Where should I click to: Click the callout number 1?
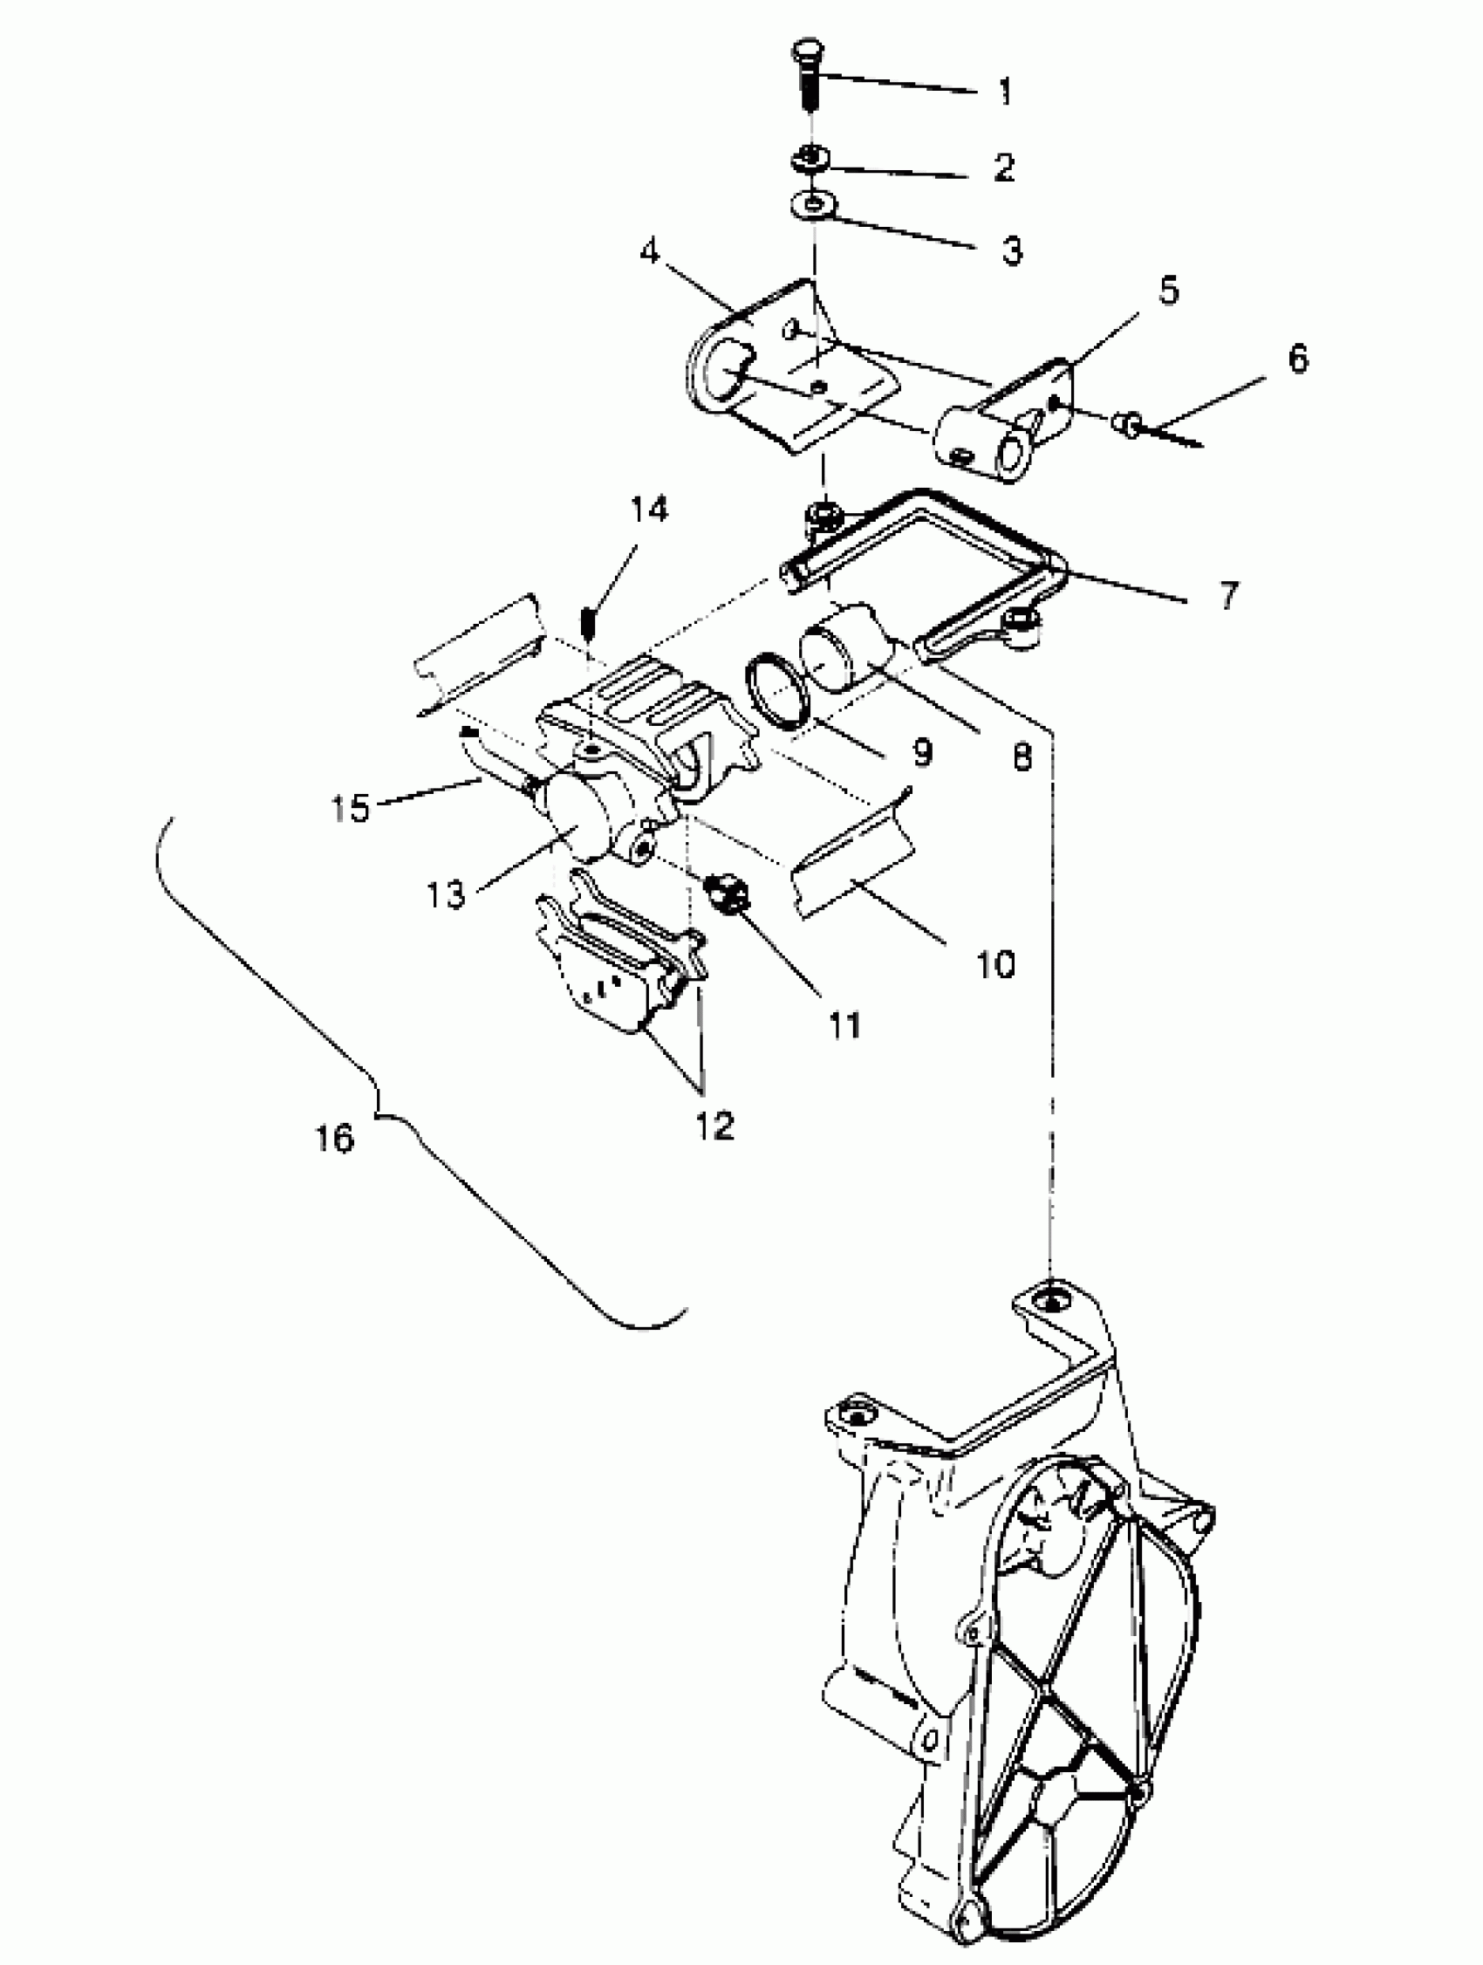click(x=1005, y=92)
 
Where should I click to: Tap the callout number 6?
click(x=1297, y=359)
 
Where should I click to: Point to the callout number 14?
click(x=649, y=510)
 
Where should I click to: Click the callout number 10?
click(x=995, y=964)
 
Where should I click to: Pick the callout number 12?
click(x=714, y=1125)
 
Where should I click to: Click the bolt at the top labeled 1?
click(x=807, y=76)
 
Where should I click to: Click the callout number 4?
click(x=651, y=252)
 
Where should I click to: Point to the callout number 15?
click(x=351, y=807)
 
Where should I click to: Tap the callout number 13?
click(x=446, y=894)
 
